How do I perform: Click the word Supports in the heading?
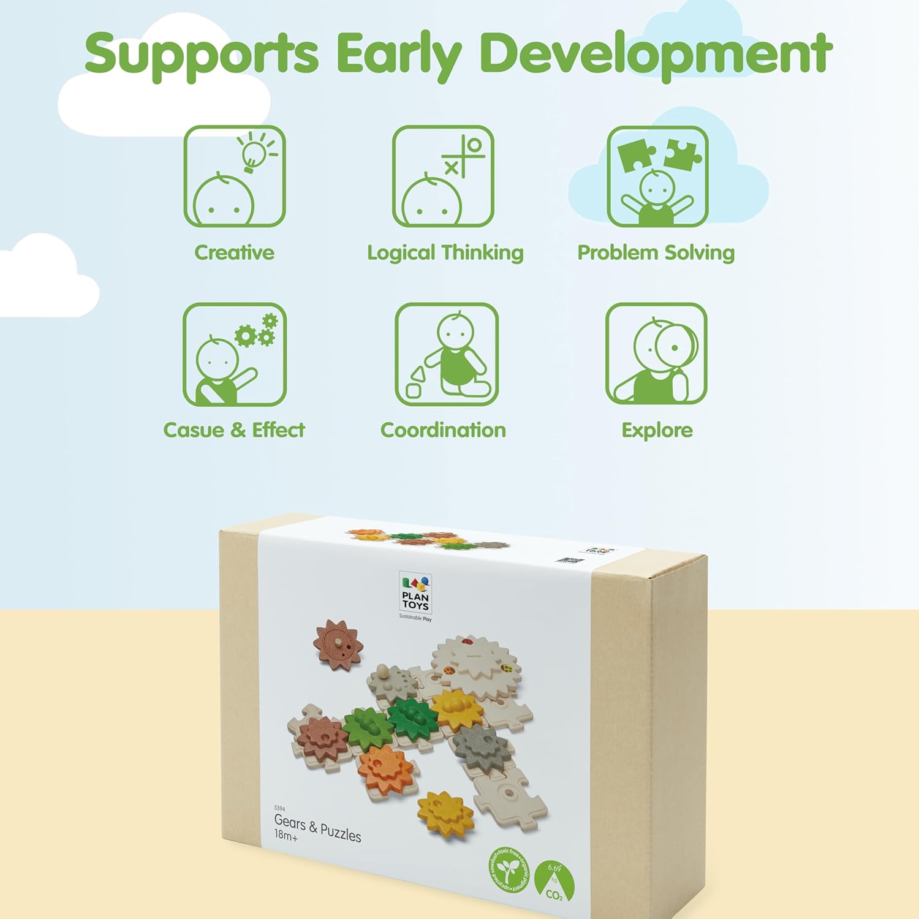coord(202,54)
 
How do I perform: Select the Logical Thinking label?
coord(445,252)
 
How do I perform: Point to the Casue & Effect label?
coord(233,430)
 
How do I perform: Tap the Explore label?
coord(657,430)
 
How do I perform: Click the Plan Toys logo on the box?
coord(415,593)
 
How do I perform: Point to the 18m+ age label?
coord(286,835)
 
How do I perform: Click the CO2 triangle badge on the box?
coord(554,882)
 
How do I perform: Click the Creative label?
coord(234,252)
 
